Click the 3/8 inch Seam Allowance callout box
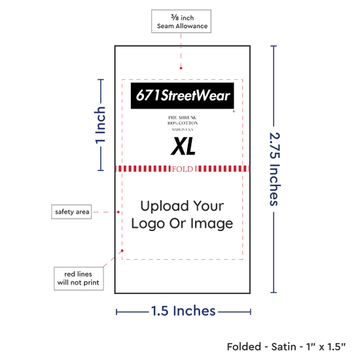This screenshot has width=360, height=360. coord(181,22)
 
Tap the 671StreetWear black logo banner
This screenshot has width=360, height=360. coord(183,96)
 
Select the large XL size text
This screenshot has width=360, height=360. coord(183,146)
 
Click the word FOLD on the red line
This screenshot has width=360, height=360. coord(183,169)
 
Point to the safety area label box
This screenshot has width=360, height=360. coord(71,211)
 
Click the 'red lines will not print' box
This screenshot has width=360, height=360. coord(79,278)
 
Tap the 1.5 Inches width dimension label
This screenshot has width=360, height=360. coord(183,311)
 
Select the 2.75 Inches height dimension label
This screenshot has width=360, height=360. coord(275,169)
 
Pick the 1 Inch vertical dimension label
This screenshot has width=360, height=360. coord(100,126)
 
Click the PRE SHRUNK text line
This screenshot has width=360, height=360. coord(183,118)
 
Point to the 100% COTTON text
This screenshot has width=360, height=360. coord(183,123)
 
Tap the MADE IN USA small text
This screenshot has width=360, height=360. coord(183,130)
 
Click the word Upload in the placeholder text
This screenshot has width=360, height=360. coord(165,206)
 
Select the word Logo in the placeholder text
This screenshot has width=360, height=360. coord(148,224)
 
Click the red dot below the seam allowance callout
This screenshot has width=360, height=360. coord(181,68)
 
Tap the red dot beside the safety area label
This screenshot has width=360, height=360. coord(118,212)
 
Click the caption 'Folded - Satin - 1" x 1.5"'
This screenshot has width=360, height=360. coord(286,347)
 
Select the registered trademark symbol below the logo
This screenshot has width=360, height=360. coord(234,111)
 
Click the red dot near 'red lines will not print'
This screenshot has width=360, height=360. coord(122,251)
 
